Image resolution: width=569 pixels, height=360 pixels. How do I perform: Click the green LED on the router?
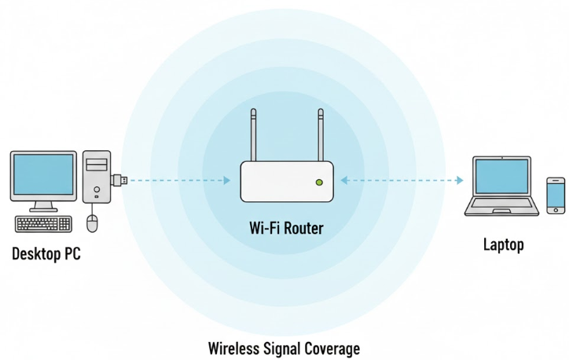(x=318, y=182)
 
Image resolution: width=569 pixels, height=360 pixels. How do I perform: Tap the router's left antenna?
(x=253, y=135)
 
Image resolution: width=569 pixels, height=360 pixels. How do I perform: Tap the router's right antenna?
(x=320, y=135)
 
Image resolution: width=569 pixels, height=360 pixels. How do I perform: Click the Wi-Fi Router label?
(x=287, y=229)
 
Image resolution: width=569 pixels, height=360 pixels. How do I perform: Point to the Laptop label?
(x=504, y=245)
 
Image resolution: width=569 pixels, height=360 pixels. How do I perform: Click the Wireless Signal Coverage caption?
(x=284, y=347)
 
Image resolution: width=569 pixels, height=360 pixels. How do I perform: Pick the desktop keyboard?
(x=44, y=224)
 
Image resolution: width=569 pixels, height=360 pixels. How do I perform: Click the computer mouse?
(x=92, y=223)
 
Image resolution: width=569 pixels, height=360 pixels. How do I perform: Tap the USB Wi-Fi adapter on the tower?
(x=120, y=180)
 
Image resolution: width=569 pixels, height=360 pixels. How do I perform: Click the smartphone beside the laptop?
(x=556, y=195)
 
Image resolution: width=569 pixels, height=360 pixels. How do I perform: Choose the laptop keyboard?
(x=503, y=206)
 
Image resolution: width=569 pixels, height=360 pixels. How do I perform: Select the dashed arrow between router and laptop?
(x=402, y=181)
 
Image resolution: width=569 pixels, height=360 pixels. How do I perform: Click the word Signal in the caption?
(x=288, y=347)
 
